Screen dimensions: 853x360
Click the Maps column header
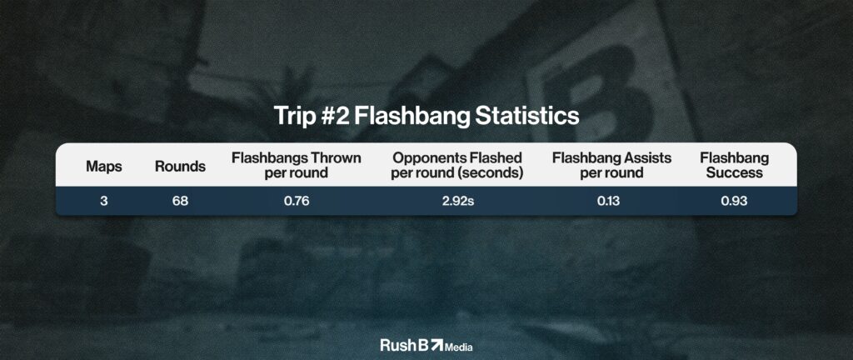(x=104, y=167)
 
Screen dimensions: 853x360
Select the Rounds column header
(x=180, y=167)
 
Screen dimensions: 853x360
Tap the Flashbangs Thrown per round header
(x=297, y=165)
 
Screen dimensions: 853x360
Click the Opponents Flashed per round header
(x=457, y=165)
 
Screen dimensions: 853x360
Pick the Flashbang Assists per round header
(x=612, y=165)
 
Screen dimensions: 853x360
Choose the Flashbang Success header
(x=735, y=165)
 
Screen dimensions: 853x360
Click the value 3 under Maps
(x=104, y=201)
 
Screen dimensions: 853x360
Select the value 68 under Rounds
(x=180, y=201)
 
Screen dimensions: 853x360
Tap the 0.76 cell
(x=297, y=201)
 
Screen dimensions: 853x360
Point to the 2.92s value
(x=457, y=201)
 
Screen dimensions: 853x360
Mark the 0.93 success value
(x=735, y=201)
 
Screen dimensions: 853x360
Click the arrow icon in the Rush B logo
(x=436, y=344)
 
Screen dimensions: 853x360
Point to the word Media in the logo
(x=459, y=347)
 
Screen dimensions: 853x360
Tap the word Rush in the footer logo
(x=397, y=345)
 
